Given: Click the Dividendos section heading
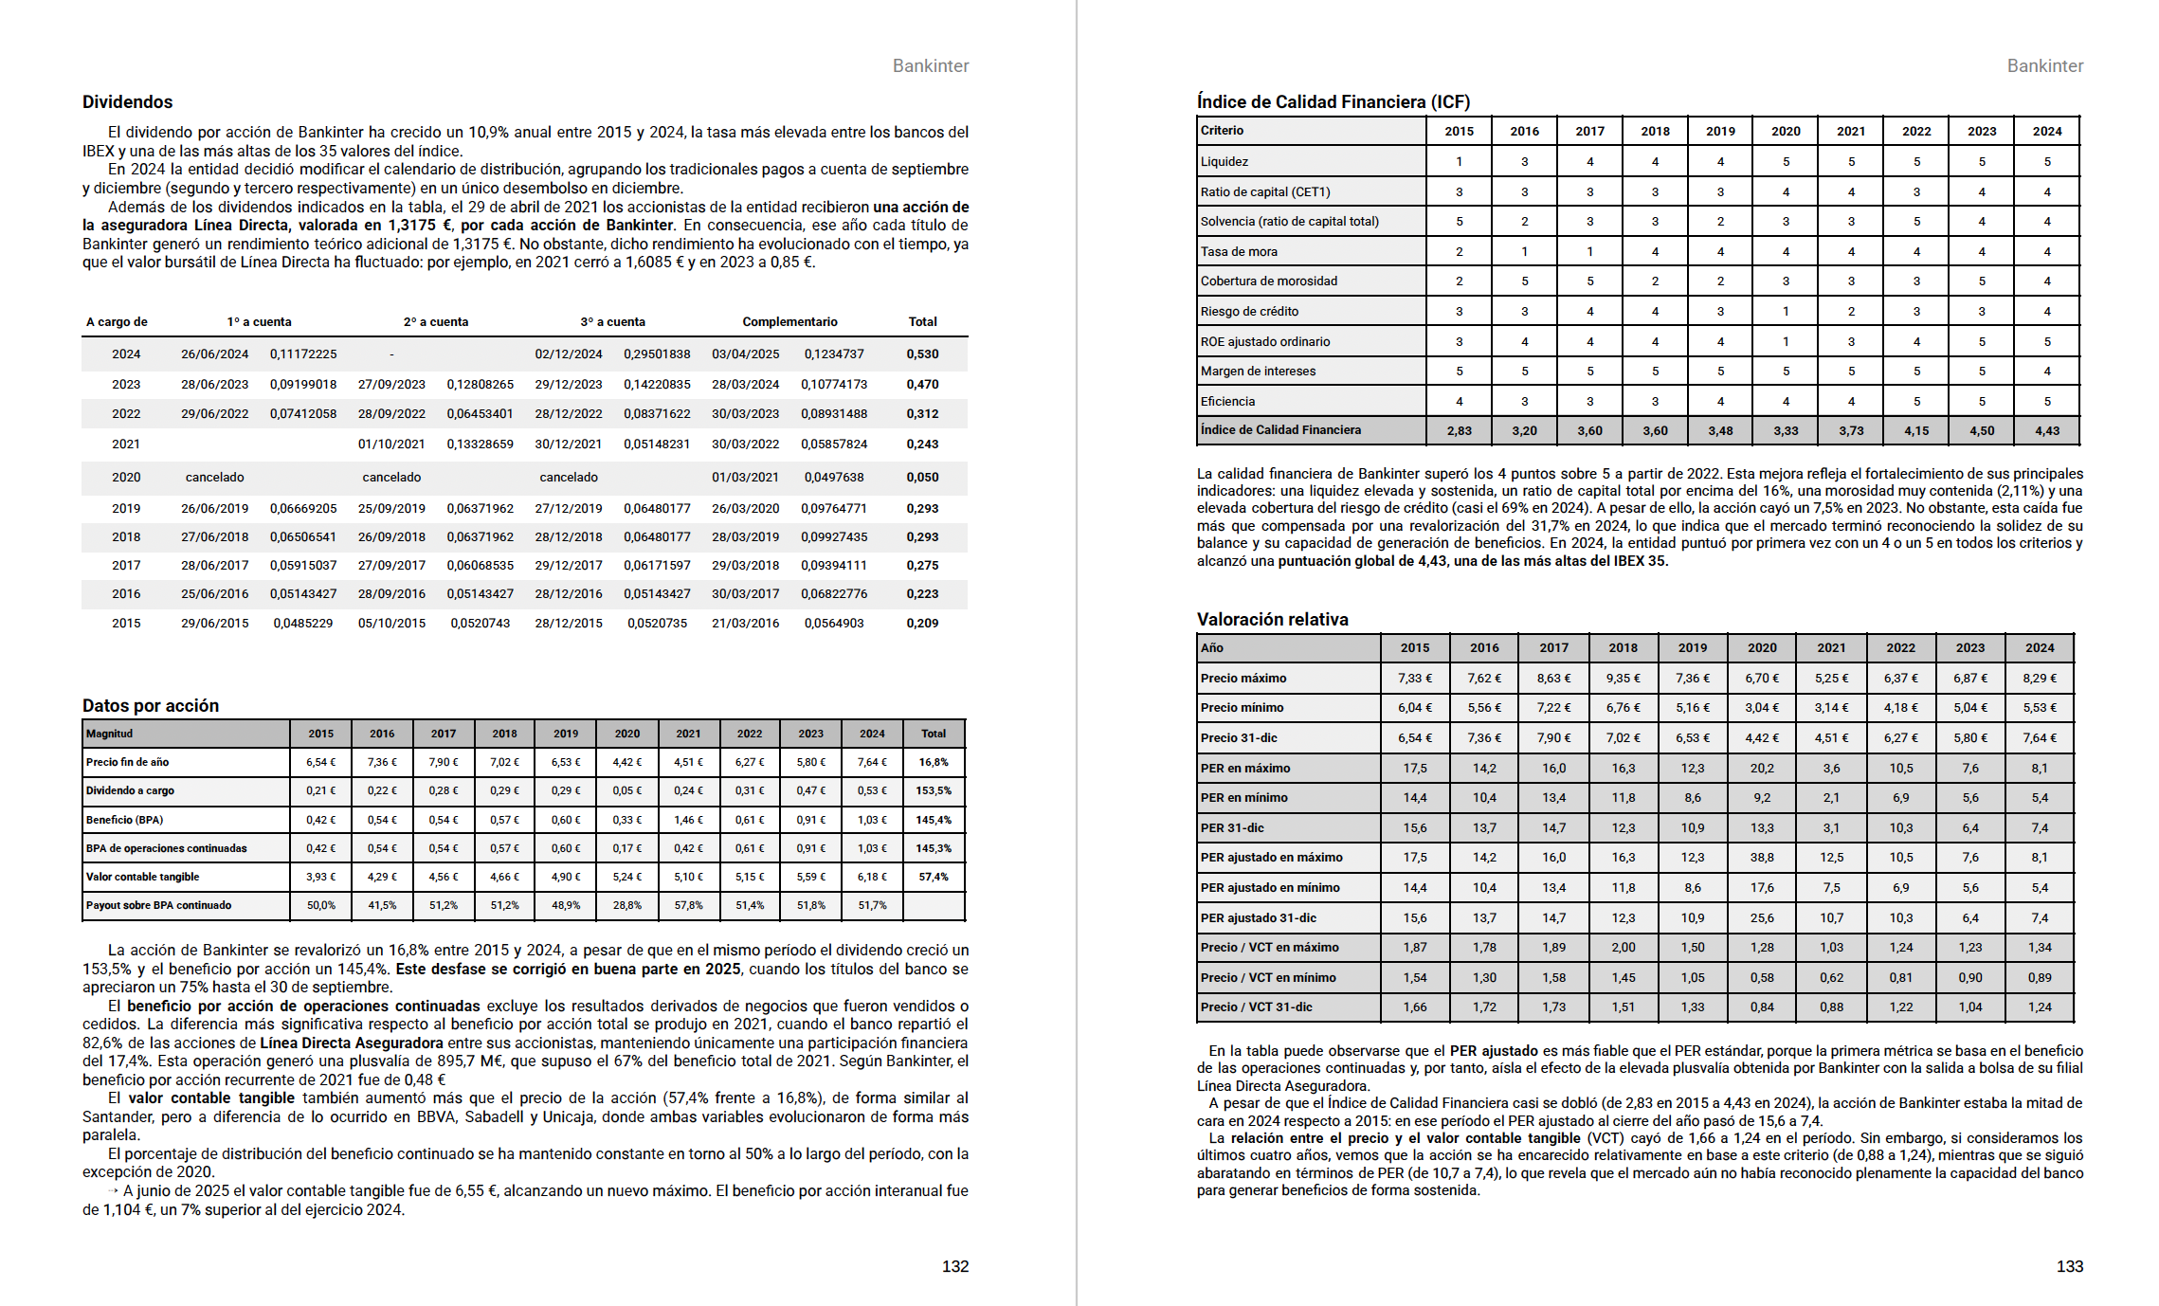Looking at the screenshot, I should [x=127, y=102].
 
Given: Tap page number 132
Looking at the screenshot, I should [x=954, y=1266].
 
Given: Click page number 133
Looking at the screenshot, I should [x=2069, y=1266].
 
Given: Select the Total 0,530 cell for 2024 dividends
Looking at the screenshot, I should [x=922, y=354].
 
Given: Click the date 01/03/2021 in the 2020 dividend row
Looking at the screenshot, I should [x=745, y=478].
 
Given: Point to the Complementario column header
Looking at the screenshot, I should [x=789, y=322].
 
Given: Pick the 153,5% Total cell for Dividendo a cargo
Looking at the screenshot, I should [x=934, y=790].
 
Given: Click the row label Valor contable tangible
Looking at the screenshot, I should [x=143, y=877].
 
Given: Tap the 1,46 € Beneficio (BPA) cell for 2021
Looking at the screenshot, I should [x=688, y=820].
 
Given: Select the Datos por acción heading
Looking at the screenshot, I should [x=151, y=706].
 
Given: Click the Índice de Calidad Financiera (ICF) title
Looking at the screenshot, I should [x=1333, y=102].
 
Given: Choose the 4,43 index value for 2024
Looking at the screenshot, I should [x=2046, y=431].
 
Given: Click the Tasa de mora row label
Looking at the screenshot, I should [x=1239, y=252].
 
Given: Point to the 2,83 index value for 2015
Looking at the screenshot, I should [x=1459, y=431].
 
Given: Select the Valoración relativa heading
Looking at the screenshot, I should [x=1272, y=620].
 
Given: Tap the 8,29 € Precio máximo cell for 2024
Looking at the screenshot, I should [x=2040, y=679].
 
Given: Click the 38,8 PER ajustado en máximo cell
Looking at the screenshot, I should [x=1762, y=858].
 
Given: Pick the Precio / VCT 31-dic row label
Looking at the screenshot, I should [x=1256, y=1007].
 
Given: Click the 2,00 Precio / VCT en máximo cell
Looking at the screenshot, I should [x=1623, y=948].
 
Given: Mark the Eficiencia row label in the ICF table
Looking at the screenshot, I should [x=1227, y=402].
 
